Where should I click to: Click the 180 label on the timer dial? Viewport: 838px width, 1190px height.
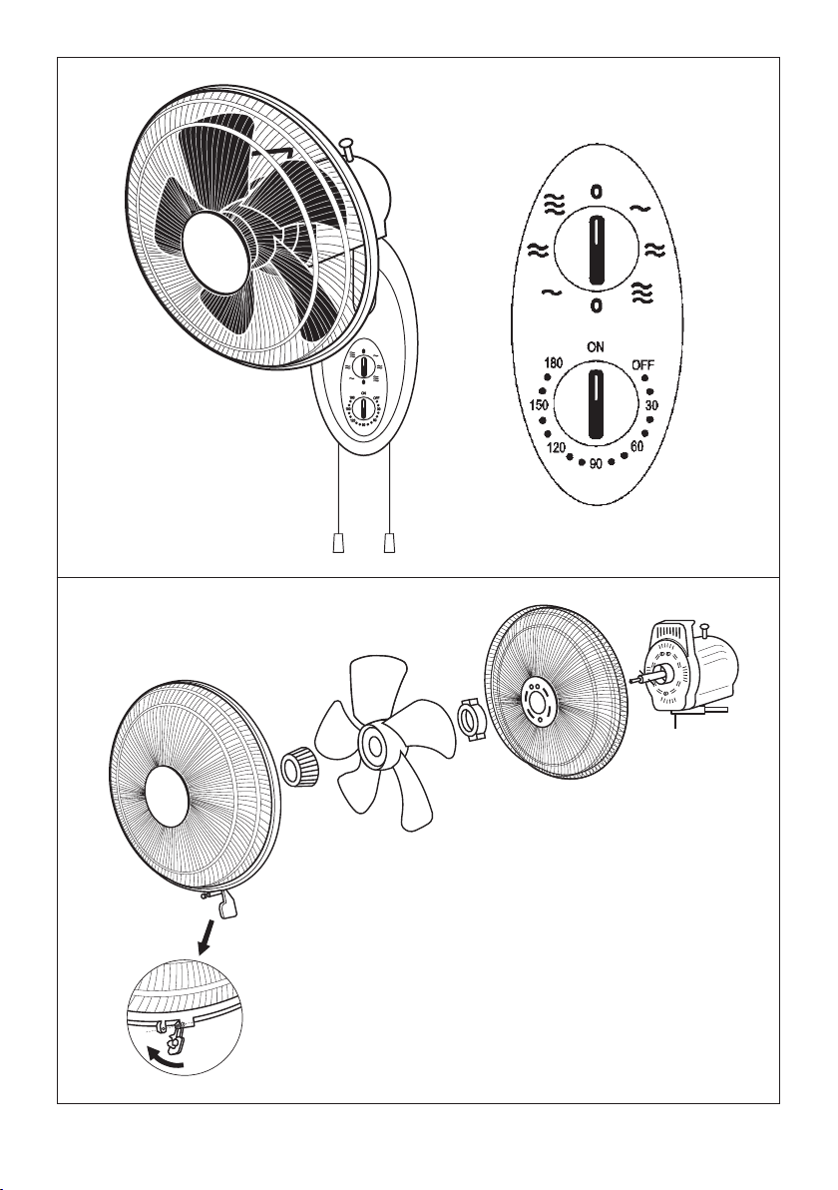(x=554, y=365)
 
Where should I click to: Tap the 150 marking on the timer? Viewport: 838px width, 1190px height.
(x=539, y=405)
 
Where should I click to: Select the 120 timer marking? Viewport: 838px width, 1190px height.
(x=557, y=448)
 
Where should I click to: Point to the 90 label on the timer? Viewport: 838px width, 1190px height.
(x=597, y=463)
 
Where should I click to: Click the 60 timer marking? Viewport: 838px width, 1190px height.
(x=637, y=446)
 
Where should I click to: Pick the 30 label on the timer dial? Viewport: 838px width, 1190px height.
(x=651, y=406)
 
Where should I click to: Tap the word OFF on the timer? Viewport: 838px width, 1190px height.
(x=643, y=365)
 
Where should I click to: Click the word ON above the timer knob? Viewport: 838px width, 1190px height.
(x=597, y=346)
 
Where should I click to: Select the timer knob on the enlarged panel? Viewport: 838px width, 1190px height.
(x=597, y=403)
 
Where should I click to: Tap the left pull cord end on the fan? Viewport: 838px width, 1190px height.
(x=339, y=542)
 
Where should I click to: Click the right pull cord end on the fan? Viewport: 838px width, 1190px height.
(x=390, y=542)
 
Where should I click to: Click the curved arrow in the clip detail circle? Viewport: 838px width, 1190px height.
(x=164, y=1059)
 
